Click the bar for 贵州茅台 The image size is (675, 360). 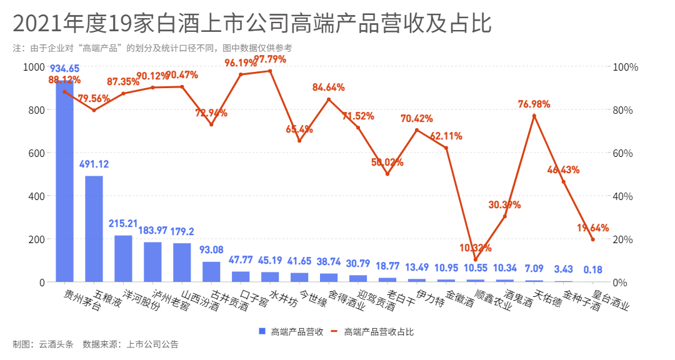click(64, 181)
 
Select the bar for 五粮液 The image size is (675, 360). click(94, 229)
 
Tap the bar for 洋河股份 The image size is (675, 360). click(123, 259)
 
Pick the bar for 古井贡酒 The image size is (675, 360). click(211, 272)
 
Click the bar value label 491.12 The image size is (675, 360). click(94, 165)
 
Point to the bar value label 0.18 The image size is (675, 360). click(592, 270)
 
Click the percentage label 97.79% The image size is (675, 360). click(270, 59)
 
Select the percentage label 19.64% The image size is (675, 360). click(592, 228)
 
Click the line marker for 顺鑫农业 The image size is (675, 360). click(476, 259)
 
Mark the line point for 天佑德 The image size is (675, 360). click(534, 116)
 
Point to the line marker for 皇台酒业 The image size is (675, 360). click(592, 240)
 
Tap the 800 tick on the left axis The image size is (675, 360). click(37, 110)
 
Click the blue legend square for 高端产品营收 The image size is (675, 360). click(262, 332)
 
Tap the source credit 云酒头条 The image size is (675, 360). click(56, 344)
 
